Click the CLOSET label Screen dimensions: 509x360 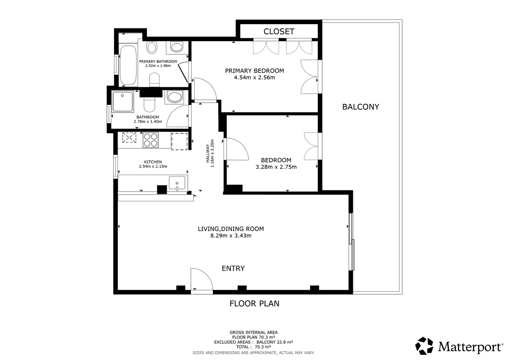click(x=279, y=31)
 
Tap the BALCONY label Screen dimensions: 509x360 click(x=361, y=107)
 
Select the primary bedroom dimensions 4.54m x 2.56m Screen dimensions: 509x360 click(x=255, y=78)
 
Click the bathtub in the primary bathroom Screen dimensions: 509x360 click(x=128, y=65)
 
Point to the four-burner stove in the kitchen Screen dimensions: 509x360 click(x=151, y=140)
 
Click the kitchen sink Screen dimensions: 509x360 click(x=177, y=183)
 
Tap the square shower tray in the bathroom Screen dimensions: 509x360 click(x=123, y=101)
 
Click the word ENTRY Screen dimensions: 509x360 click(x=233, y=268)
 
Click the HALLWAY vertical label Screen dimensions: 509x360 click(x=207, y=153)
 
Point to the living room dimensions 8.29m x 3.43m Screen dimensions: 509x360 click(x=231, y=235)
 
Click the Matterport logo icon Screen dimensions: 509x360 click(x=424, y=346)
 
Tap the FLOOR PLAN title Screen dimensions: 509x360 click(x=254, y=304)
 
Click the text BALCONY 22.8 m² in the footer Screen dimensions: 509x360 click(x=275, y=342)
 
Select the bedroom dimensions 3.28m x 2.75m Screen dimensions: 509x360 click(x=276, y=167)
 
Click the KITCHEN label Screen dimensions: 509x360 click(x=153, y=162)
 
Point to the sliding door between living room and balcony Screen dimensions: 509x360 click(x=352, y=242)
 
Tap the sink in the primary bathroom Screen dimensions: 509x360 click(x=177, y=47)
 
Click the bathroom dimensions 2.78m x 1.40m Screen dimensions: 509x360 click(x=148, y=122)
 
